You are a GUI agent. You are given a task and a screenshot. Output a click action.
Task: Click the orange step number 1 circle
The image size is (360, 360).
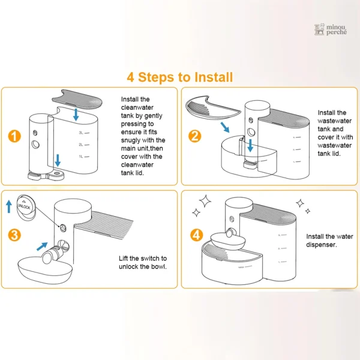pos(14,136)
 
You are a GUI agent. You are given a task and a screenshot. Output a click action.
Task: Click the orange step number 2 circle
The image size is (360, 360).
pos(194,136)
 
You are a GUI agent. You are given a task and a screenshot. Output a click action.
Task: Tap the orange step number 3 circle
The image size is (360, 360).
pos(14,235)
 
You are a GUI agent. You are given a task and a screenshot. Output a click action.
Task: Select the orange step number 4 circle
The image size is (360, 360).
pos(197,235)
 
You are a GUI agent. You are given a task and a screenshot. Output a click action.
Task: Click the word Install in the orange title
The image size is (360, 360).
pos(214,77)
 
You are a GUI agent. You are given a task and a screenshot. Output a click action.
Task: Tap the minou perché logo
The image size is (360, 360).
pos(331,29)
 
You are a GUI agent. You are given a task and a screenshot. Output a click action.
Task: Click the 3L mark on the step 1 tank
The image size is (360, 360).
pos(84,133)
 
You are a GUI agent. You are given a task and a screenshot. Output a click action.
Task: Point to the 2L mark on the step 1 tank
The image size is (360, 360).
pos(84,145)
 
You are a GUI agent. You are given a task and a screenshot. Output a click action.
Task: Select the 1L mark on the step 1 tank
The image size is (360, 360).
pos(84,157)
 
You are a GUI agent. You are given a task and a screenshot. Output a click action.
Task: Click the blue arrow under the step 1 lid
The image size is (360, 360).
pos(76,115)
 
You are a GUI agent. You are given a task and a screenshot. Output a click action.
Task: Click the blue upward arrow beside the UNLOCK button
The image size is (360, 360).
pos(9,206)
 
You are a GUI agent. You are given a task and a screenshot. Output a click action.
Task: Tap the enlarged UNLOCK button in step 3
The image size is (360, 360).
pos(26,208)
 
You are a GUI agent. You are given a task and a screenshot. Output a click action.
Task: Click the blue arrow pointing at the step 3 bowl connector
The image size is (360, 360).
pos(42,247)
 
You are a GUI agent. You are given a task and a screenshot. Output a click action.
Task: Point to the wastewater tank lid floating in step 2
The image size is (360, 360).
pos(212,107)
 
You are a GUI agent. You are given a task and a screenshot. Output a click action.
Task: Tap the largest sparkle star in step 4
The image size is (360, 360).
pos(205,202)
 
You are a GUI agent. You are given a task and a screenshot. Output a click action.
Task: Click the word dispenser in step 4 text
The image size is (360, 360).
pos(322,245)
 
